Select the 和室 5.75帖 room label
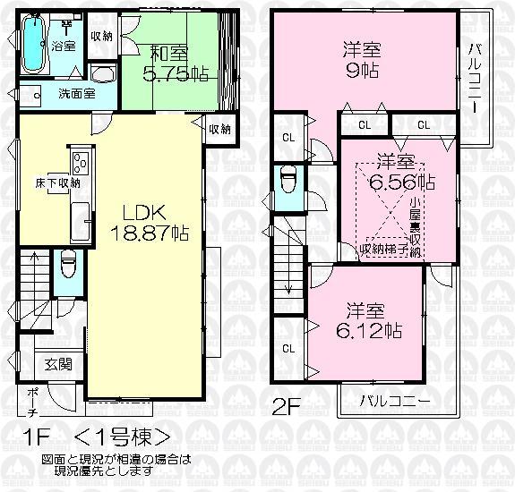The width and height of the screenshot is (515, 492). coord(169,64)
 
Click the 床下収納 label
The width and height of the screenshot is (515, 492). coord(51,182)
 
